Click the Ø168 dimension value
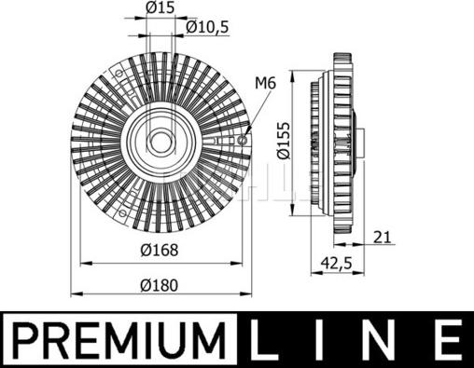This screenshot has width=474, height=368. click(x=160, y=249)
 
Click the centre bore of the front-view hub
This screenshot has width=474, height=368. click(x=160, y=143)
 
